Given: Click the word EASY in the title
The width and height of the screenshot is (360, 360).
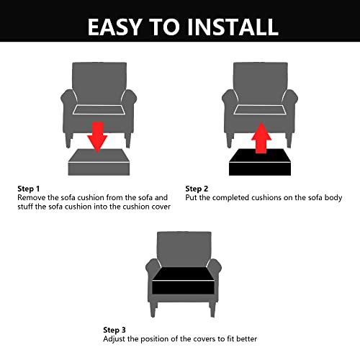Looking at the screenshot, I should tap(118, 27).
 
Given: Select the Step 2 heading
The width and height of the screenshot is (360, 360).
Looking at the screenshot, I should tap(198, 189).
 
